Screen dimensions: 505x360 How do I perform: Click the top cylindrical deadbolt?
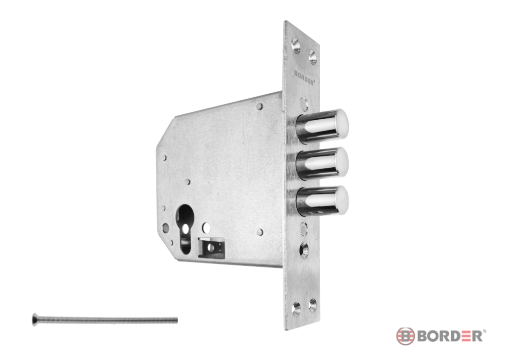322,126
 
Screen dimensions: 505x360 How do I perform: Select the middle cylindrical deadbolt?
322,164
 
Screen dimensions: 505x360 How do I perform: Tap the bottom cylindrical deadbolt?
322,202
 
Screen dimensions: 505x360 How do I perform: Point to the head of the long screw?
35,320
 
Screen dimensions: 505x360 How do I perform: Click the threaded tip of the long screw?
176,320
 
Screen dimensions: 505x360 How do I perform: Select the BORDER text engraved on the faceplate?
304,77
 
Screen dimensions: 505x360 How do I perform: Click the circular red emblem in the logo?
405,336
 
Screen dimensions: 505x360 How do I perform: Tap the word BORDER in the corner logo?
450,336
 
